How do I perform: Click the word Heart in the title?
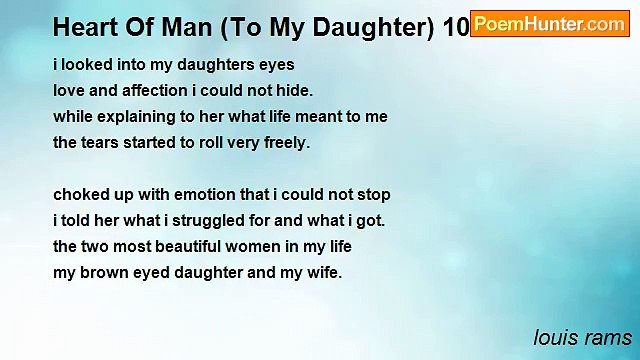[x=84, y=28]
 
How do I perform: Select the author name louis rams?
[x=582, y=336]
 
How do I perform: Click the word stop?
[x=372, y=195]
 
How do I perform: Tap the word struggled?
[x=207, y=221]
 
